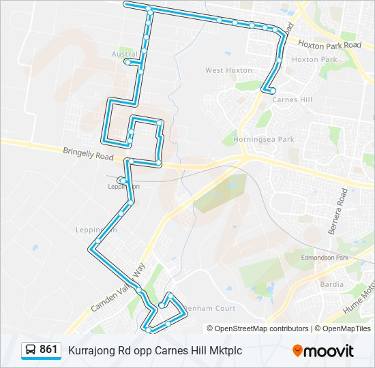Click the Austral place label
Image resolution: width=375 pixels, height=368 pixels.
(x=124, y=53)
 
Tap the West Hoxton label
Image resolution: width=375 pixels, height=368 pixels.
(x=224, y=70)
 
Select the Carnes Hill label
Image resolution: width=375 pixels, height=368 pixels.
(x=292, y=99)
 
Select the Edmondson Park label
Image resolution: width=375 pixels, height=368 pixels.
(x=325, y=258)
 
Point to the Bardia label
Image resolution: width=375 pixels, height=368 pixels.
(x=331, y=283)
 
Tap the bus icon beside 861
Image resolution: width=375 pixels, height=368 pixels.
(x=31, y=350)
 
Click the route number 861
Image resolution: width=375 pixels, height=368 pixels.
(x=48, y=350)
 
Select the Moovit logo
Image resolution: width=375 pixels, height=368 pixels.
(x=323, y=350)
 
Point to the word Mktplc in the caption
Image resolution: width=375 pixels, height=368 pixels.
(x=225, y=350)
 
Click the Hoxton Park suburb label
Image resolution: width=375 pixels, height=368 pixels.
(x=314, y=59)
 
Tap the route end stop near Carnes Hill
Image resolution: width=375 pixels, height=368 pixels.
(x=272, y=91)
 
